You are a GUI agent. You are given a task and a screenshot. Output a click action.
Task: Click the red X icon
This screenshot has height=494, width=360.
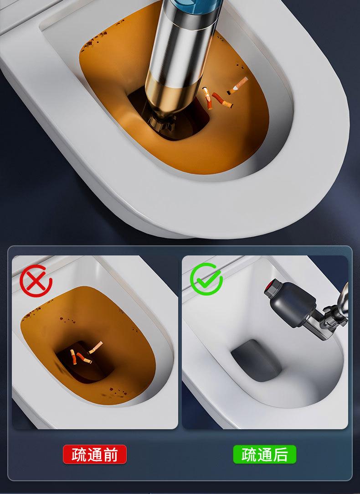click(x=36, y=281)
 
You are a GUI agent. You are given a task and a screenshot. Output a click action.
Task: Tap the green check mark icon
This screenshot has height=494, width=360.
click(x=206, y=279)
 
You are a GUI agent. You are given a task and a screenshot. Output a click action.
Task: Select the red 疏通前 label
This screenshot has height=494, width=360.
click(x=95, y=454)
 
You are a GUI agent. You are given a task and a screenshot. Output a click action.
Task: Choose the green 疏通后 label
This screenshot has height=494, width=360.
click(x=265, y=454)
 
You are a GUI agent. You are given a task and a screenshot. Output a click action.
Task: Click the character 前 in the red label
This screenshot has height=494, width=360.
click(x=111, y=455)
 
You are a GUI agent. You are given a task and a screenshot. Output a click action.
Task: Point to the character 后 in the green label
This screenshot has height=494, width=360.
click(x=281, y=455)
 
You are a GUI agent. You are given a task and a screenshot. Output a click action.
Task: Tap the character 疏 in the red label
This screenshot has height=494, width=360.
click(x=79, y=455)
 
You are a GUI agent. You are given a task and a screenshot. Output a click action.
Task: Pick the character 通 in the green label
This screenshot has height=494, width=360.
click(x=265, y=455)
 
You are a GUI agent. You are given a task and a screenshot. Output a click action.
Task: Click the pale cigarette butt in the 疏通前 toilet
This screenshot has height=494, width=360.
click(x=95, y=347)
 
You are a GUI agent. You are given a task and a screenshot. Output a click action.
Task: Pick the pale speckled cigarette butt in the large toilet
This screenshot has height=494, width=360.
click(x=237, y=85)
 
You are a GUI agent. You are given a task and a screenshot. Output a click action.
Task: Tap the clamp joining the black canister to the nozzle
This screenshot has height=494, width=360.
click(x=327, y=318)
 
